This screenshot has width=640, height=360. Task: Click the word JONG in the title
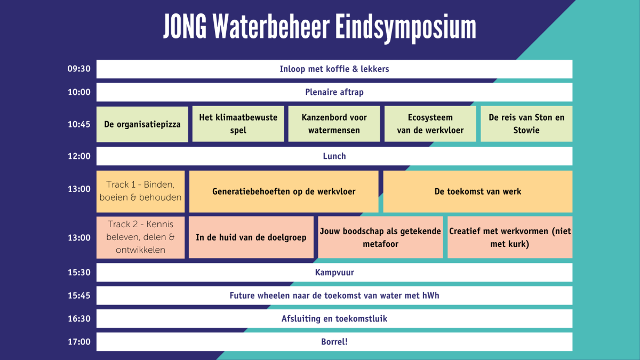(x=185, y=26)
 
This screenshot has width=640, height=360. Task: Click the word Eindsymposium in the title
(x=406, y=28)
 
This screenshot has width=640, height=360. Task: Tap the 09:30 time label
(x=79, y=69)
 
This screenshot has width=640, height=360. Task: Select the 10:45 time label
(x=79, y=124)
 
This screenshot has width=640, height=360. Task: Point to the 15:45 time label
(x=79, y=295)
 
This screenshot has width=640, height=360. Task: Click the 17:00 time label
(x=79, y=342)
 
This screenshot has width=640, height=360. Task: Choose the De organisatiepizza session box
(x=142, y=124)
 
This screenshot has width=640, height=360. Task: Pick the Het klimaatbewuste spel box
(x=238, y=124)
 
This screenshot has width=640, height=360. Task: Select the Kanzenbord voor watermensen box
(x=334, y=124)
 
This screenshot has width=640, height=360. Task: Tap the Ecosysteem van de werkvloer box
(x=430, y=124)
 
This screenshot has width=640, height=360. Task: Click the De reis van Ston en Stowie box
(x=526, y=124)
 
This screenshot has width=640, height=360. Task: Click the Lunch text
(x=334, y=156)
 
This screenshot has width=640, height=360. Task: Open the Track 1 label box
(x=141, y=191)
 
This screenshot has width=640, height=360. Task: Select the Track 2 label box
(x=141, y=237)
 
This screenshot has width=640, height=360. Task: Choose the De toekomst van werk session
(x=478, y=191)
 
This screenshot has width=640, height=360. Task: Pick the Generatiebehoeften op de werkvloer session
(x=284, y=191)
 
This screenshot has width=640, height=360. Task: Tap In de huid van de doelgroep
(x=251, y=237)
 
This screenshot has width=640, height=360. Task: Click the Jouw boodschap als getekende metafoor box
(x=381, y=237)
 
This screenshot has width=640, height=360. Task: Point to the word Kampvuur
(x=334, y=273)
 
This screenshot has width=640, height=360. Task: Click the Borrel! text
(x=334, y=342)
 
